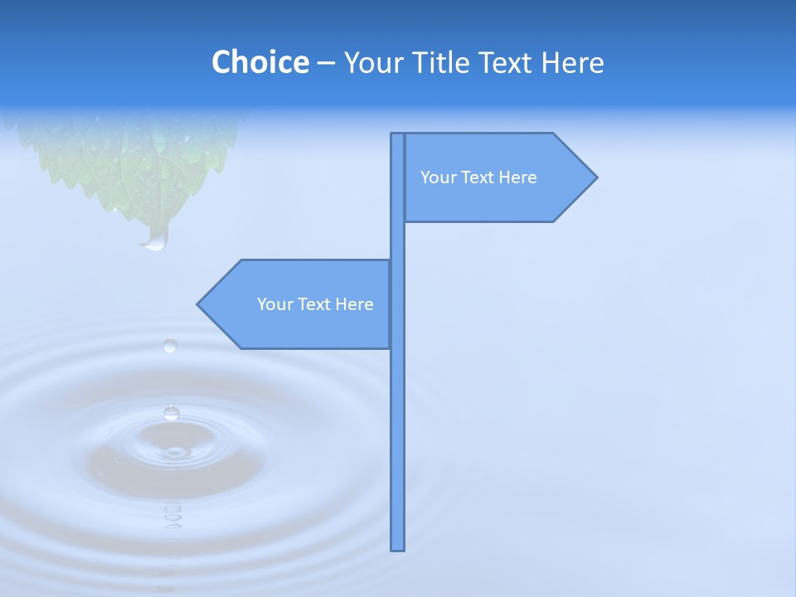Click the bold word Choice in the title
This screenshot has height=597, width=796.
[260, 62]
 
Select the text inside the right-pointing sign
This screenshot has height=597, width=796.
[478, 177]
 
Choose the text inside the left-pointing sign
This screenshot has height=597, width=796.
[315, 304]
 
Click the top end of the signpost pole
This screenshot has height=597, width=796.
[398, 135]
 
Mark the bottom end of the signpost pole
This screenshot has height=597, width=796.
[398, 548]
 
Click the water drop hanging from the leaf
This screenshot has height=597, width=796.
[155, 240]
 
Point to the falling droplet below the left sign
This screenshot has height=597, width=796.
[170, 345]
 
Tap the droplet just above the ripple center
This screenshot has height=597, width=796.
[172, 412]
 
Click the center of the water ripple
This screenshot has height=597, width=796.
[174, 452]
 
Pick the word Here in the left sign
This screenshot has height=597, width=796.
[354, 304]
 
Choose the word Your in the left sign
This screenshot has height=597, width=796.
[274, 304]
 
